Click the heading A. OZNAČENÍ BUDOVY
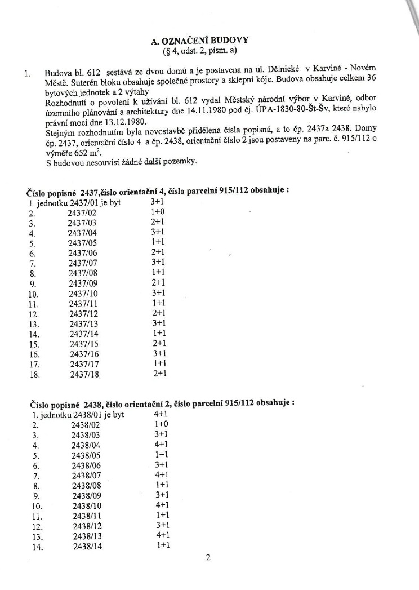coord(204,41)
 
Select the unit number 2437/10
coord(83,294)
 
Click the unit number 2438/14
coord(87,546)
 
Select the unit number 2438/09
coord(86,495)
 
